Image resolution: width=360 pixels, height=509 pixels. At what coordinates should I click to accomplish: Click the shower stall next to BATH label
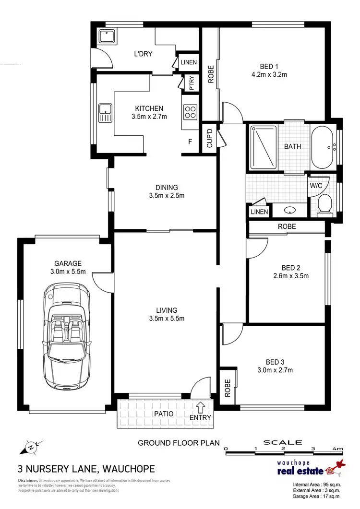[x=263, y=147]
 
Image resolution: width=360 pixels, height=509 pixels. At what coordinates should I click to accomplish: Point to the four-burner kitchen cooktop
[x=190, y=112]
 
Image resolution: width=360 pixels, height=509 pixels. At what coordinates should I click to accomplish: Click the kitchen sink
[x=105, y=113]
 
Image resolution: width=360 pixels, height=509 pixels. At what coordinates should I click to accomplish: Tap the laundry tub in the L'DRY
[x=105, y=36]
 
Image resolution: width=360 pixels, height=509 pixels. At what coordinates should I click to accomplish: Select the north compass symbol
[x=30, y=447]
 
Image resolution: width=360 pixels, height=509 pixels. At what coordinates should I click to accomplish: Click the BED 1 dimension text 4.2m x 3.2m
[x=269, y=74]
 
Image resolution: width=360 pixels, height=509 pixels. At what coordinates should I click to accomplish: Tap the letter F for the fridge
[x=191, y=142]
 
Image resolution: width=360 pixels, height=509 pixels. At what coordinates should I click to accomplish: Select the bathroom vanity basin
[x=289, y=210]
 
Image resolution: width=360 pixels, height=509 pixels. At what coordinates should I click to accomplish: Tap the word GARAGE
[x=68, y=263]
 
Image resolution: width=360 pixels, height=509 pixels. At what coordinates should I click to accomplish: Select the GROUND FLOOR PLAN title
[x=171, y=443]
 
